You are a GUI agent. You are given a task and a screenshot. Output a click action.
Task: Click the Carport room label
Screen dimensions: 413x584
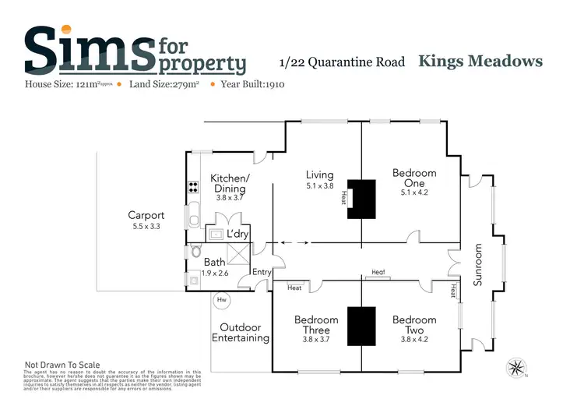pyautogui.click(x=146, y=215)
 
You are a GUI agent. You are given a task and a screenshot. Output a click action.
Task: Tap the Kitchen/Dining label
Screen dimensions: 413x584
pyautogui.click(x=229, y=183)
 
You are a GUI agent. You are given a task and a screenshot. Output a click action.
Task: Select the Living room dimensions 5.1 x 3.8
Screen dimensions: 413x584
pyautogui.click(x=319, y=186)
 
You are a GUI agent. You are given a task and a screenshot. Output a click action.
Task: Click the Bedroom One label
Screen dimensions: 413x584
pyautogui.click(x=414, y=178)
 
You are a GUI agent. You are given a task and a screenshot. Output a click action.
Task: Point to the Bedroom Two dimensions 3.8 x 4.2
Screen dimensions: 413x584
pyautogui.click(x=414, y=339)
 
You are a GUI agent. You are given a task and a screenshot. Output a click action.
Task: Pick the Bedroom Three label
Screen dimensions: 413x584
pyautogui.click(x=316, y=324)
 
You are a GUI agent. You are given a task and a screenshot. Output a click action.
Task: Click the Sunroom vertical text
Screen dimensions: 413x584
pyautogui.click(x=479, y=265)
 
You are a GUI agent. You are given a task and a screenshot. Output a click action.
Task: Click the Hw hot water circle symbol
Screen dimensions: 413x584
pyautogui.click(x=221, y=299)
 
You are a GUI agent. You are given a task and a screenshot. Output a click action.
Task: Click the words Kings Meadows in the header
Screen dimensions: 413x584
pyautogui.click(x=480, y=61)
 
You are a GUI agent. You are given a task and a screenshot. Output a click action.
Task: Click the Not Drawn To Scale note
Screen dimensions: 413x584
pyautogui.click(x=62, y=364)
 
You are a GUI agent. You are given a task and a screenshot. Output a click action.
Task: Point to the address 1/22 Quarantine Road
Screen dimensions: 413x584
pyautogui.click(x=342, y=62)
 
